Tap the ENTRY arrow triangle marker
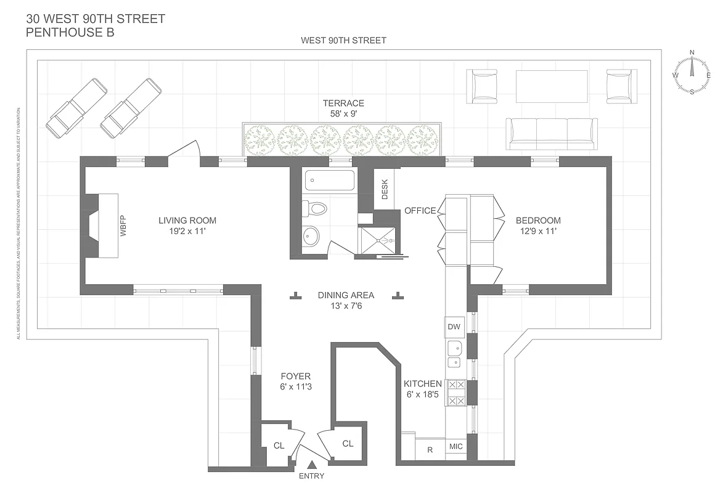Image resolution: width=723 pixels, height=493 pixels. click(312, 465)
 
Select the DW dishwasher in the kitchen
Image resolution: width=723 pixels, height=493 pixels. click(454, 327)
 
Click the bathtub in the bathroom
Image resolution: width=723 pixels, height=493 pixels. click(330, 181)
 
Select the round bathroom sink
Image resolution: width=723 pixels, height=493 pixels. click(311, 236)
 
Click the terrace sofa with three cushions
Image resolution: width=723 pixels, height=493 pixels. click(551, 133)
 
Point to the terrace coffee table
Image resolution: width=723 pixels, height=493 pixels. click(551, 86)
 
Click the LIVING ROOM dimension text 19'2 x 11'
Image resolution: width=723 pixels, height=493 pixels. click(187, 233)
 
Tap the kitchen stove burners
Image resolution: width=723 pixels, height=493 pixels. click(457, 392)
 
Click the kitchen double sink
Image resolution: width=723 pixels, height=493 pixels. click(455, 354)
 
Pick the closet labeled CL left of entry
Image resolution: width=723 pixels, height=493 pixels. click(278, 444)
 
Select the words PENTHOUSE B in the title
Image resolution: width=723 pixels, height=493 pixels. click(70, 32)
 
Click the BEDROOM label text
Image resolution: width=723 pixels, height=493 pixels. click(538, 221)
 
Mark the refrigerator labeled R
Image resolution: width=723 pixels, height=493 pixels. click(430, 450)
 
